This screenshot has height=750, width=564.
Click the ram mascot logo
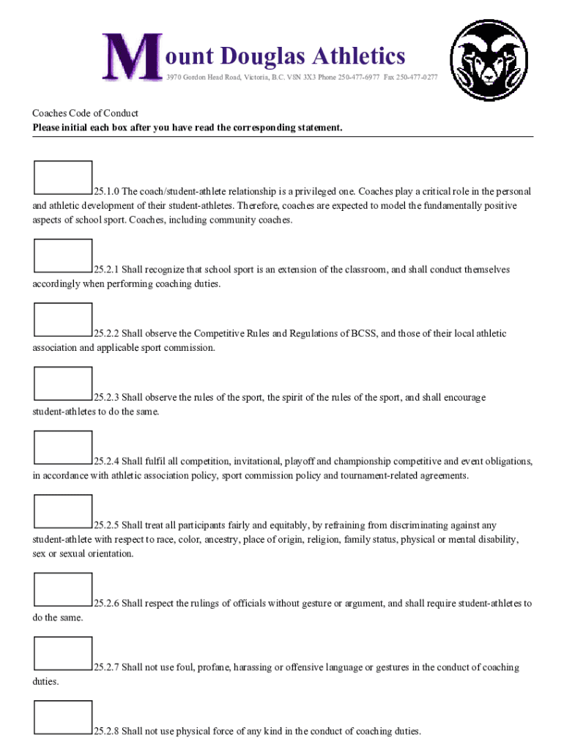(x=489, y=59)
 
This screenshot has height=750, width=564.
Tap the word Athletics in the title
(x=358, y=56)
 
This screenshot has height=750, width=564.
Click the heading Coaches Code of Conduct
(x=85, y=114)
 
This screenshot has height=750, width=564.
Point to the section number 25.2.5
(x=106, y=525)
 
